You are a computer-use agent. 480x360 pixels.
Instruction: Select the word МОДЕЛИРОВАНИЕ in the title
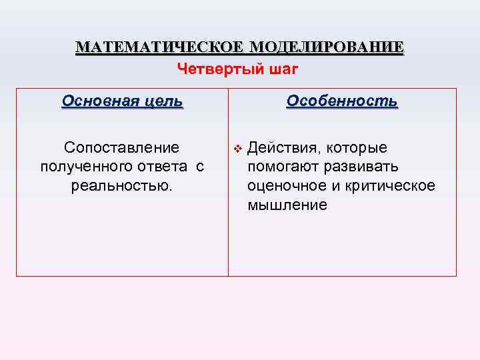pos(325,48)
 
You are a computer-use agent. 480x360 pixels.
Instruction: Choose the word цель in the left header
pos(162,101)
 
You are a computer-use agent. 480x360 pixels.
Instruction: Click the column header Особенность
pos(342,101)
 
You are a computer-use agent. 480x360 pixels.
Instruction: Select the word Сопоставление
pos(121,147)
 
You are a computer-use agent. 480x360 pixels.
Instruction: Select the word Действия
pos(283,147)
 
